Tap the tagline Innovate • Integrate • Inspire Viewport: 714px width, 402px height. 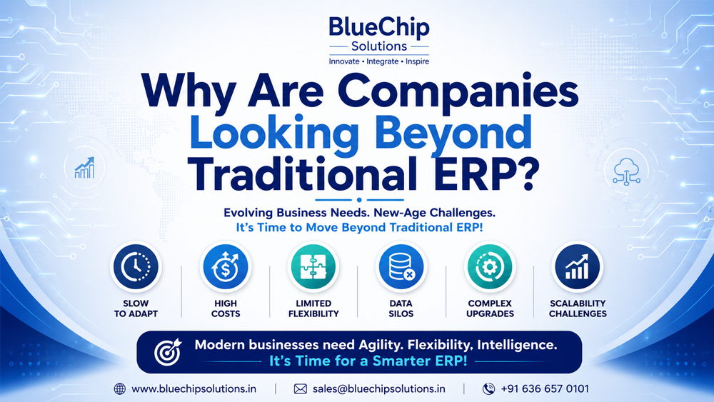click(379, 61)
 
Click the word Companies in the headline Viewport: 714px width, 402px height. click(458, 91)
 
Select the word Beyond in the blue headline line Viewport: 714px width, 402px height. click(453, 133)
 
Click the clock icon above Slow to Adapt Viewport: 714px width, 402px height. click(136, 266)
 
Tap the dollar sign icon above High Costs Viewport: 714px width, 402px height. click(226, 266)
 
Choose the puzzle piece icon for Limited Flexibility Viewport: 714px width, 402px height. click(313, 266)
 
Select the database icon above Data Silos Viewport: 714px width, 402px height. click(401, 266)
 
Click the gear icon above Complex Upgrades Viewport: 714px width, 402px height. click(490, 266)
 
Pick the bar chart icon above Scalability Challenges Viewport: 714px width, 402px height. click(578, 266)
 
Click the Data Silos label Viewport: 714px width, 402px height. click(401, 308)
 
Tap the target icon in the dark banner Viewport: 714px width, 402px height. click(167, 352)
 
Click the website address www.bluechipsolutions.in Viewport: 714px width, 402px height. click(194, 389)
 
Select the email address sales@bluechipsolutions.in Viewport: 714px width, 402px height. click(379, 389)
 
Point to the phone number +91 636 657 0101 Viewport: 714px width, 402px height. click(545, 389)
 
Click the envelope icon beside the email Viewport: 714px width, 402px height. click(300, 389)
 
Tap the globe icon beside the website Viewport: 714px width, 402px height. click(120, 389)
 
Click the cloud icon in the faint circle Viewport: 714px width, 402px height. click(627, 171)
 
